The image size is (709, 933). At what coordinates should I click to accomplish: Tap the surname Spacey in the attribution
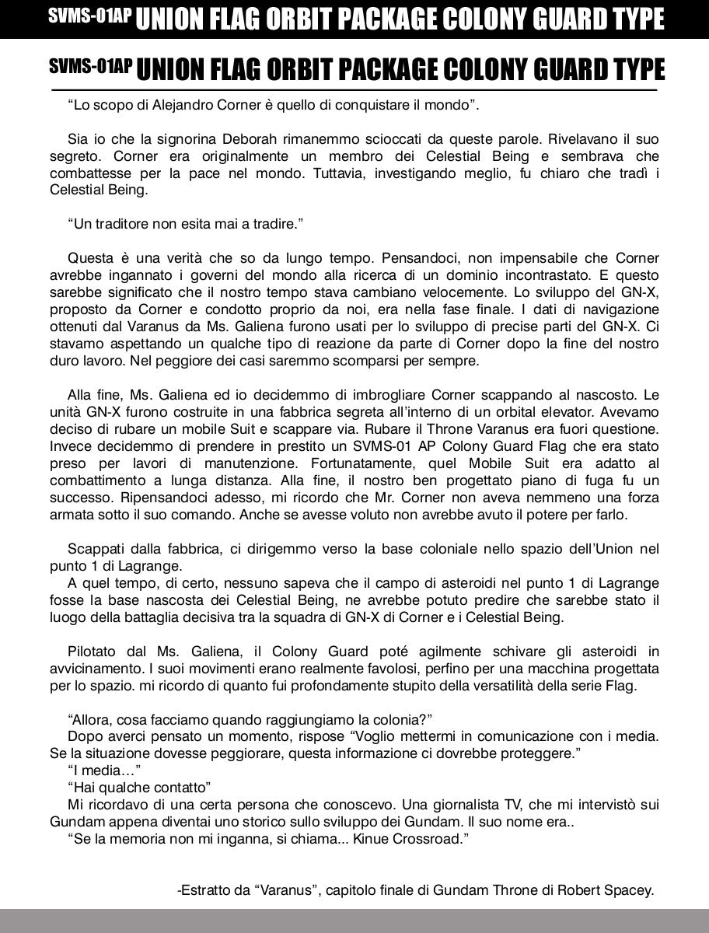point(628,890)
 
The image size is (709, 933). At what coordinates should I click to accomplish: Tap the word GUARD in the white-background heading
point(567,70)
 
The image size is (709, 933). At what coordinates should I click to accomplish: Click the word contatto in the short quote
point(181,787)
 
